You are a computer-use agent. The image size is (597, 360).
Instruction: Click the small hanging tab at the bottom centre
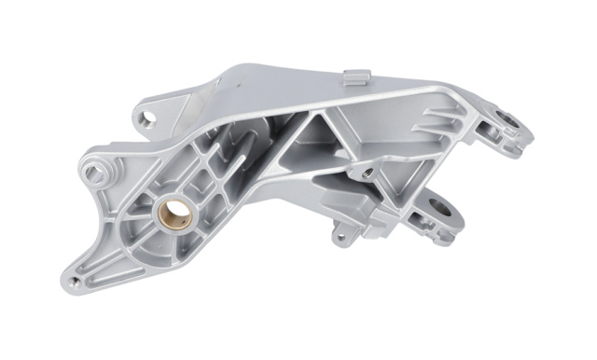pyautogui.click(x=342, y=235)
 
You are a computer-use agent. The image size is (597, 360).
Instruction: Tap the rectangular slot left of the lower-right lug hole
pyautogui.click(x=422, y=222)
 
